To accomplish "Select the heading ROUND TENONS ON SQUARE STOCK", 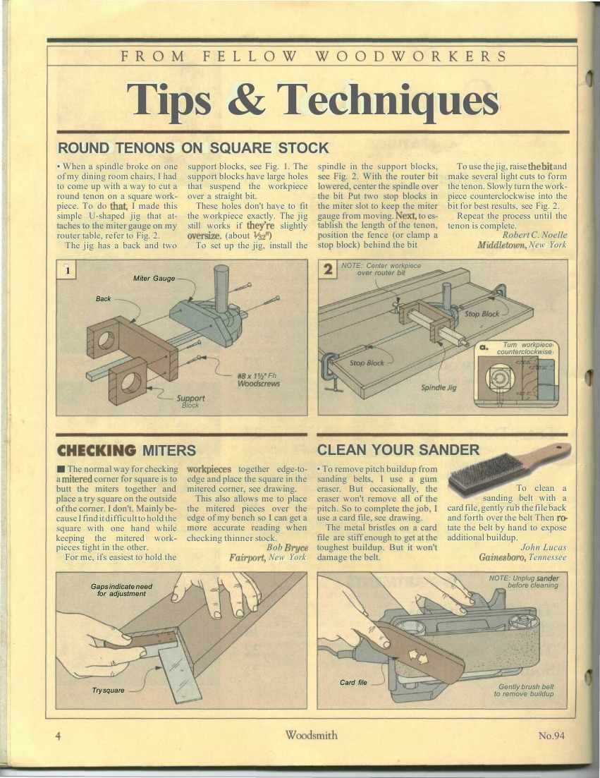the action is tap(193, 148).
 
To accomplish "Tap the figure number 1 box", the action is tap(66, 270).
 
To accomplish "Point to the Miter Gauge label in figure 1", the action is tap(154, 279).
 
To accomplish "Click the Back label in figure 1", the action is tap(103, 298).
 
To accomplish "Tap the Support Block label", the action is tap(190, 401).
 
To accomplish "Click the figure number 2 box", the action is tap(328, 269).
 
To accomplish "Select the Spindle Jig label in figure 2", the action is tap(439, 387).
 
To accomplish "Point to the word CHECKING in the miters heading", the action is tap(97, 450).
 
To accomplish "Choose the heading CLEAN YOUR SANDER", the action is tap(398, 449).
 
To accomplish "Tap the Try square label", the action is tap(108, 690).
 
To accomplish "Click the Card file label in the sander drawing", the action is tap(353, 682).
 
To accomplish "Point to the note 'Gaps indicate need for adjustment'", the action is tap(121, 590).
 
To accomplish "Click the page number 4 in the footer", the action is tap(59, 736).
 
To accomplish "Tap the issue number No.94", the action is tap(551, 736).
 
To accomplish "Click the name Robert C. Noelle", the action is tap(534, 235).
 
